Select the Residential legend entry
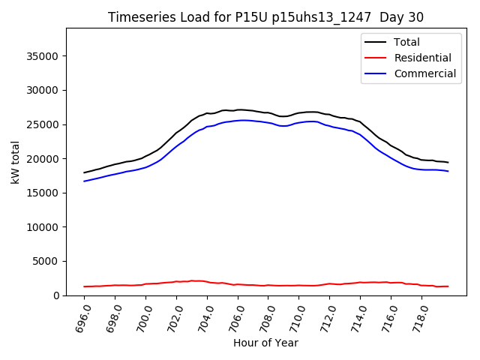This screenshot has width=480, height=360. point(424,58)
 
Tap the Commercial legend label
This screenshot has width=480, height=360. point(425,73)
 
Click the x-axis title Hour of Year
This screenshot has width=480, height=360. point(265,343)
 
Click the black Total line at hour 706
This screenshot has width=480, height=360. point(238,109)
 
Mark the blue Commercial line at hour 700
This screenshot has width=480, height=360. point(146,166)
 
